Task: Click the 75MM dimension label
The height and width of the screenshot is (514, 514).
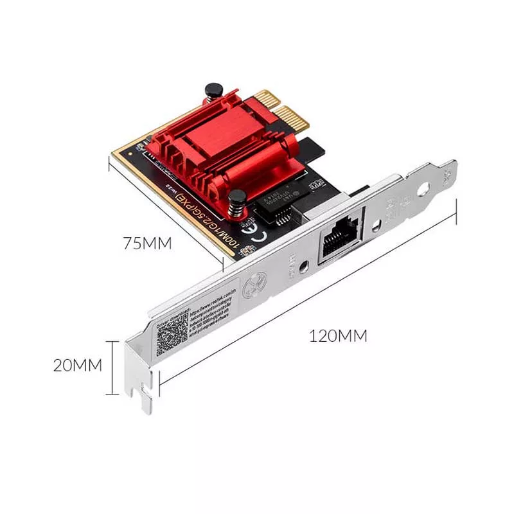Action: coord(148,244)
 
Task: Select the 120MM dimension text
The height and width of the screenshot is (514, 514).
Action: coord(338,335)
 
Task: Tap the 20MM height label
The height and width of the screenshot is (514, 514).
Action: coord(77,365)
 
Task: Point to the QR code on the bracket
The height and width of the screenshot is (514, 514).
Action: coord(172,335)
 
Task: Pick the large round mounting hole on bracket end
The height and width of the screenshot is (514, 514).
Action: coord(423,191)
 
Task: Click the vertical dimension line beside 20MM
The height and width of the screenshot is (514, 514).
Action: coord(114,367)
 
